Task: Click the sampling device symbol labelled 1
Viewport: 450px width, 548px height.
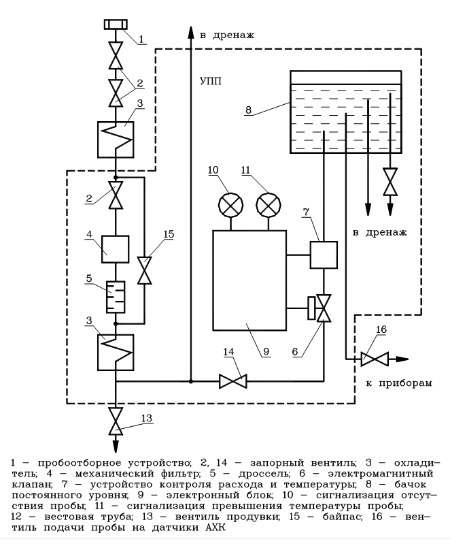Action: [116, 25]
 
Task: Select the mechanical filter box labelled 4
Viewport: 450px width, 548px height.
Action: [116, 248]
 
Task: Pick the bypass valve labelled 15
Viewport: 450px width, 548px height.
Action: [144, 270]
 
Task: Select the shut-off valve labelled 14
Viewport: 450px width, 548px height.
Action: [233, 381]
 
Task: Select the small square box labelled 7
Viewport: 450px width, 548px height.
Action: [324, 255]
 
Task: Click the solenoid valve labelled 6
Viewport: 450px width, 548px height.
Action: [324, 308]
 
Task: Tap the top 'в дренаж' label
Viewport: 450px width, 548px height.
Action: [227, 34]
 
